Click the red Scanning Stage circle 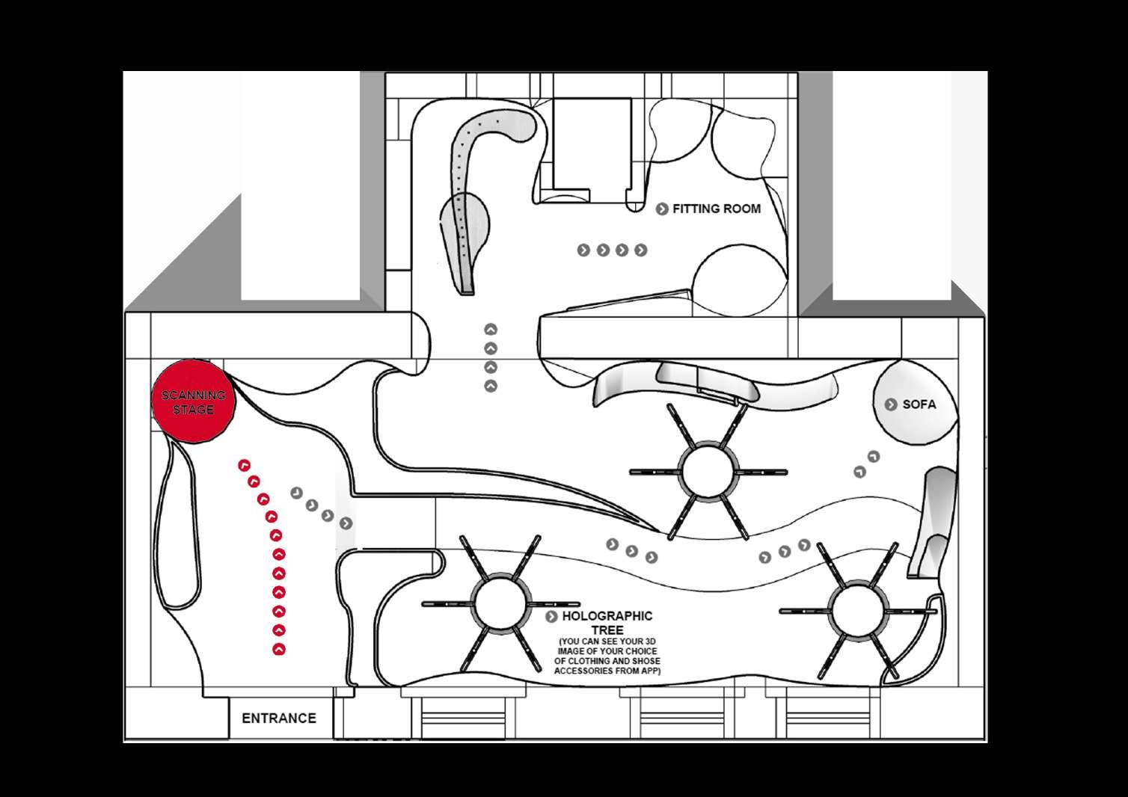pyautogui.click(x=193, y=401)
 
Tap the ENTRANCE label pyautogui.click(x=278, y=718)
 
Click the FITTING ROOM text pyautogui.click(x=716, y=209)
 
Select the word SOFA pyautogui.click(x=919, y=404)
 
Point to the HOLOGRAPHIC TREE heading pyautogui.click(x=607, y=623)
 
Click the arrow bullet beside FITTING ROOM pyautogui.click(x=662, y=209)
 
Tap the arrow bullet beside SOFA pyautogui.click(x=891, y=404)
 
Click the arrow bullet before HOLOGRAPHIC pyautogui.click(x=552, y=617)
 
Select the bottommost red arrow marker pyautogui.click(x=279, y=649)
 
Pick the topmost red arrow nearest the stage pyautogui.click(x=243, y=466)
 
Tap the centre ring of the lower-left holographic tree pyautogui.click(x=500, y=603)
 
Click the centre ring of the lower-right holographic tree pyautogui.click(x=858, y=610)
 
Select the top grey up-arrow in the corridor pyautogui.click(x=491, y=329)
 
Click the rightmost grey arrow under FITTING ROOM pyautogui.click(x=640, y=250)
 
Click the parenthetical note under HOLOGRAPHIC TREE pyautogui.click(x=607, y=656)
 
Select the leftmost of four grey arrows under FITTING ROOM pyautogui.click(x=583, y=250)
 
